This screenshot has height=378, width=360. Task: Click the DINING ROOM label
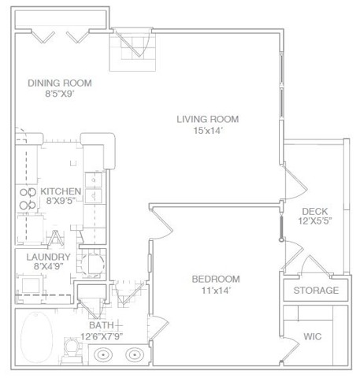[60, 83]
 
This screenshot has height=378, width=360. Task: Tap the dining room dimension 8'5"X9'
[60, 94]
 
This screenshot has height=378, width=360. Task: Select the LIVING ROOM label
[208, 120]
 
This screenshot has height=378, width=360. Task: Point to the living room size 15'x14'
[208, 131]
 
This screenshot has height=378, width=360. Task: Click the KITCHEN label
[61, 191]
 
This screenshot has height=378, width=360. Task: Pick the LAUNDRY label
[49, 257]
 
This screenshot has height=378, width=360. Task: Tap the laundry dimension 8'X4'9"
[49, 267]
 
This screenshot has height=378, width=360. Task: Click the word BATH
[102, 325]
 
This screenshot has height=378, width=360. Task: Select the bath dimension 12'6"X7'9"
[102, 336]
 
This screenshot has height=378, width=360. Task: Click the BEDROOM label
[216, 279]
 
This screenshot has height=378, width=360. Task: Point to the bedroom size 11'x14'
[216, 291]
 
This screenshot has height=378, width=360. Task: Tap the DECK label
[315, 211]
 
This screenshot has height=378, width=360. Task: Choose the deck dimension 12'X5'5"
[315, 221]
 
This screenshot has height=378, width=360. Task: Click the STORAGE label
[316, 291]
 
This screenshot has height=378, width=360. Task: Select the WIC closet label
[313, 336]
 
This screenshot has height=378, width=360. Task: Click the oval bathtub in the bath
[36, 338]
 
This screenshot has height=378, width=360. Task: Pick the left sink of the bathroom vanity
[103, 355]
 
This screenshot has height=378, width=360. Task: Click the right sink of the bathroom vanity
[135, 355]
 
